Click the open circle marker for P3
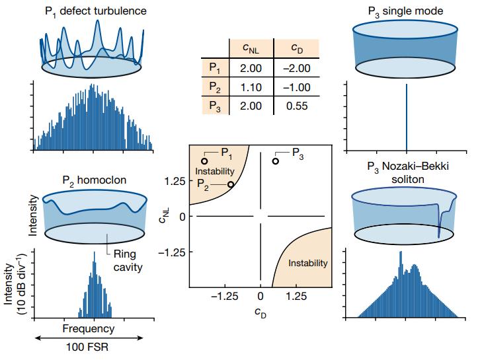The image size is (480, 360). [276, 161]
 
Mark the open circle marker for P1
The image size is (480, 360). [204, 161]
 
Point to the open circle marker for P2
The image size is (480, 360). [230, 184]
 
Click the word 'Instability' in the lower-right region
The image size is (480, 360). [308, 264]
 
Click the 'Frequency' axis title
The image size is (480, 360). [88, 328]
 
